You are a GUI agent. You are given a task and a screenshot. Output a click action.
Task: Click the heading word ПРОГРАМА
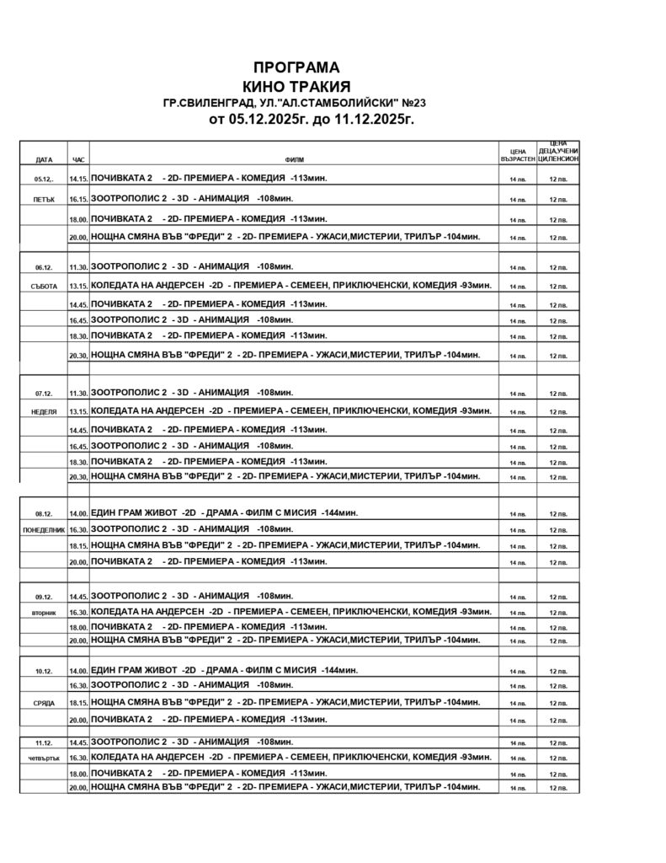point(296,67)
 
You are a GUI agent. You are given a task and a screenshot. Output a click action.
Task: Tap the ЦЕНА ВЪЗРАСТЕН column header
point(517,155)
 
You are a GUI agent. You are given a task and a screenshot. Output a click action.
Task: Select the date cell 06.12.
point(44,267)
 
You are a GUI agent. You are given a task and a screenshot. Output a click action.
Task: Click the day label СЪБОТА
point(44,287)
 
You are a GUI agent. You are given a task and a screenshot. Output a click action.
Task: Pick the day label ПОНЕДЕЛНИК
point(44,530)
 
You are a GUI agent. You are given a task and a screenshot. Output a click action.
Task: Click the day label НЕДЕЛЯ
point(44,412)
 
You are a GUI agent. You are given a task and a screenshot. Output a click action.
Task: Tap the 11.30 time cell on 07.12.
point(78,394)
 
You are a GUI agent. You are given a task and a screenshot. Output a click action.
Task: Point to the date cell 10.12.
point(44,671)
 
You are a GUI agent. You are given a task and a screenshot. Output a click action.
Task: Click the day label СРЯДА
point(44,703)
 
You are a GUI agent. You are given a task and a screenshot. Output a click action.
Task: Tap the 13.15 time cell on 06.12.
point(78,287)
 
